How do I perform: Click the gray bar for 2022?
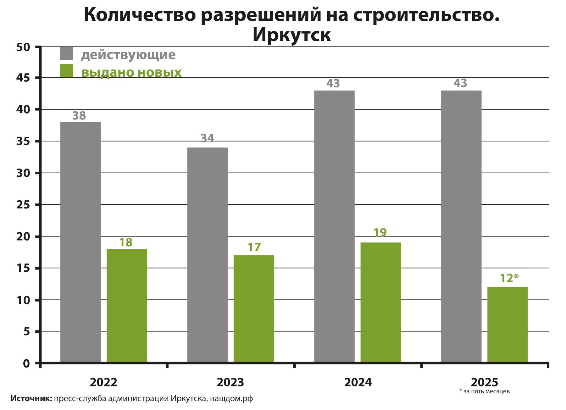click(x=80, y=242)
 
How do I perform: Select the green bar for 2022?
click(x=127, y=306)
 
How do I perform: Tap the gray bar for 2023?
click(x=207, y=255)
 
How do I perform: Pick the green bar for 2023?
click(x=254, y=309)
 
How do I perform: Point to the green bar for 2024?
click(x=380, y=302)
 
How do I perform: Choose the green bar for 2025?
click(x=508, y=324)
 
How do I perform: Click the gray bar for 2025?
click(x=461, y=226)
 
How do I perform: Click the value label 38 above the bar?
click(x=79, y=116)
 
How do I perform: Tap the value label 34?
click(x=207, y=138)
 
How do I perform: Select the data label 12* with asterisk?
click(x=509, y=278)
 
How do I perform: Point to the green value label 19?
click(x=380, y=233)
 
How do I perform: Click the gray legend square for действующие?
click(x=66, y=54)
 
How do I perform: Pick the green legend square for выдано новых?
click(x=66, y=71)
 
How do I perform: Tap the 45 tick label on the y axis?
click(x=23, y=78)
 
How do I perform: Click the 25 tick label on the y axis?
click(x=23, y=205)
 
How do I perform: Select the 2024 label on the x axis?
click(x=358, y=382)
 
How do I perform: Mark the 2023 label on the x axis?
click(x=230, y=382)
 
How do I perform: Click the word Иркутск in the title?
click(x=291, y=35)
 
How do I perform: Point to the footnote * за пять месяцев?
click(x=484, y=391)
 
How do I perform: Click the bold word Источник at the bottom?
click(x=31, y=399)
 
